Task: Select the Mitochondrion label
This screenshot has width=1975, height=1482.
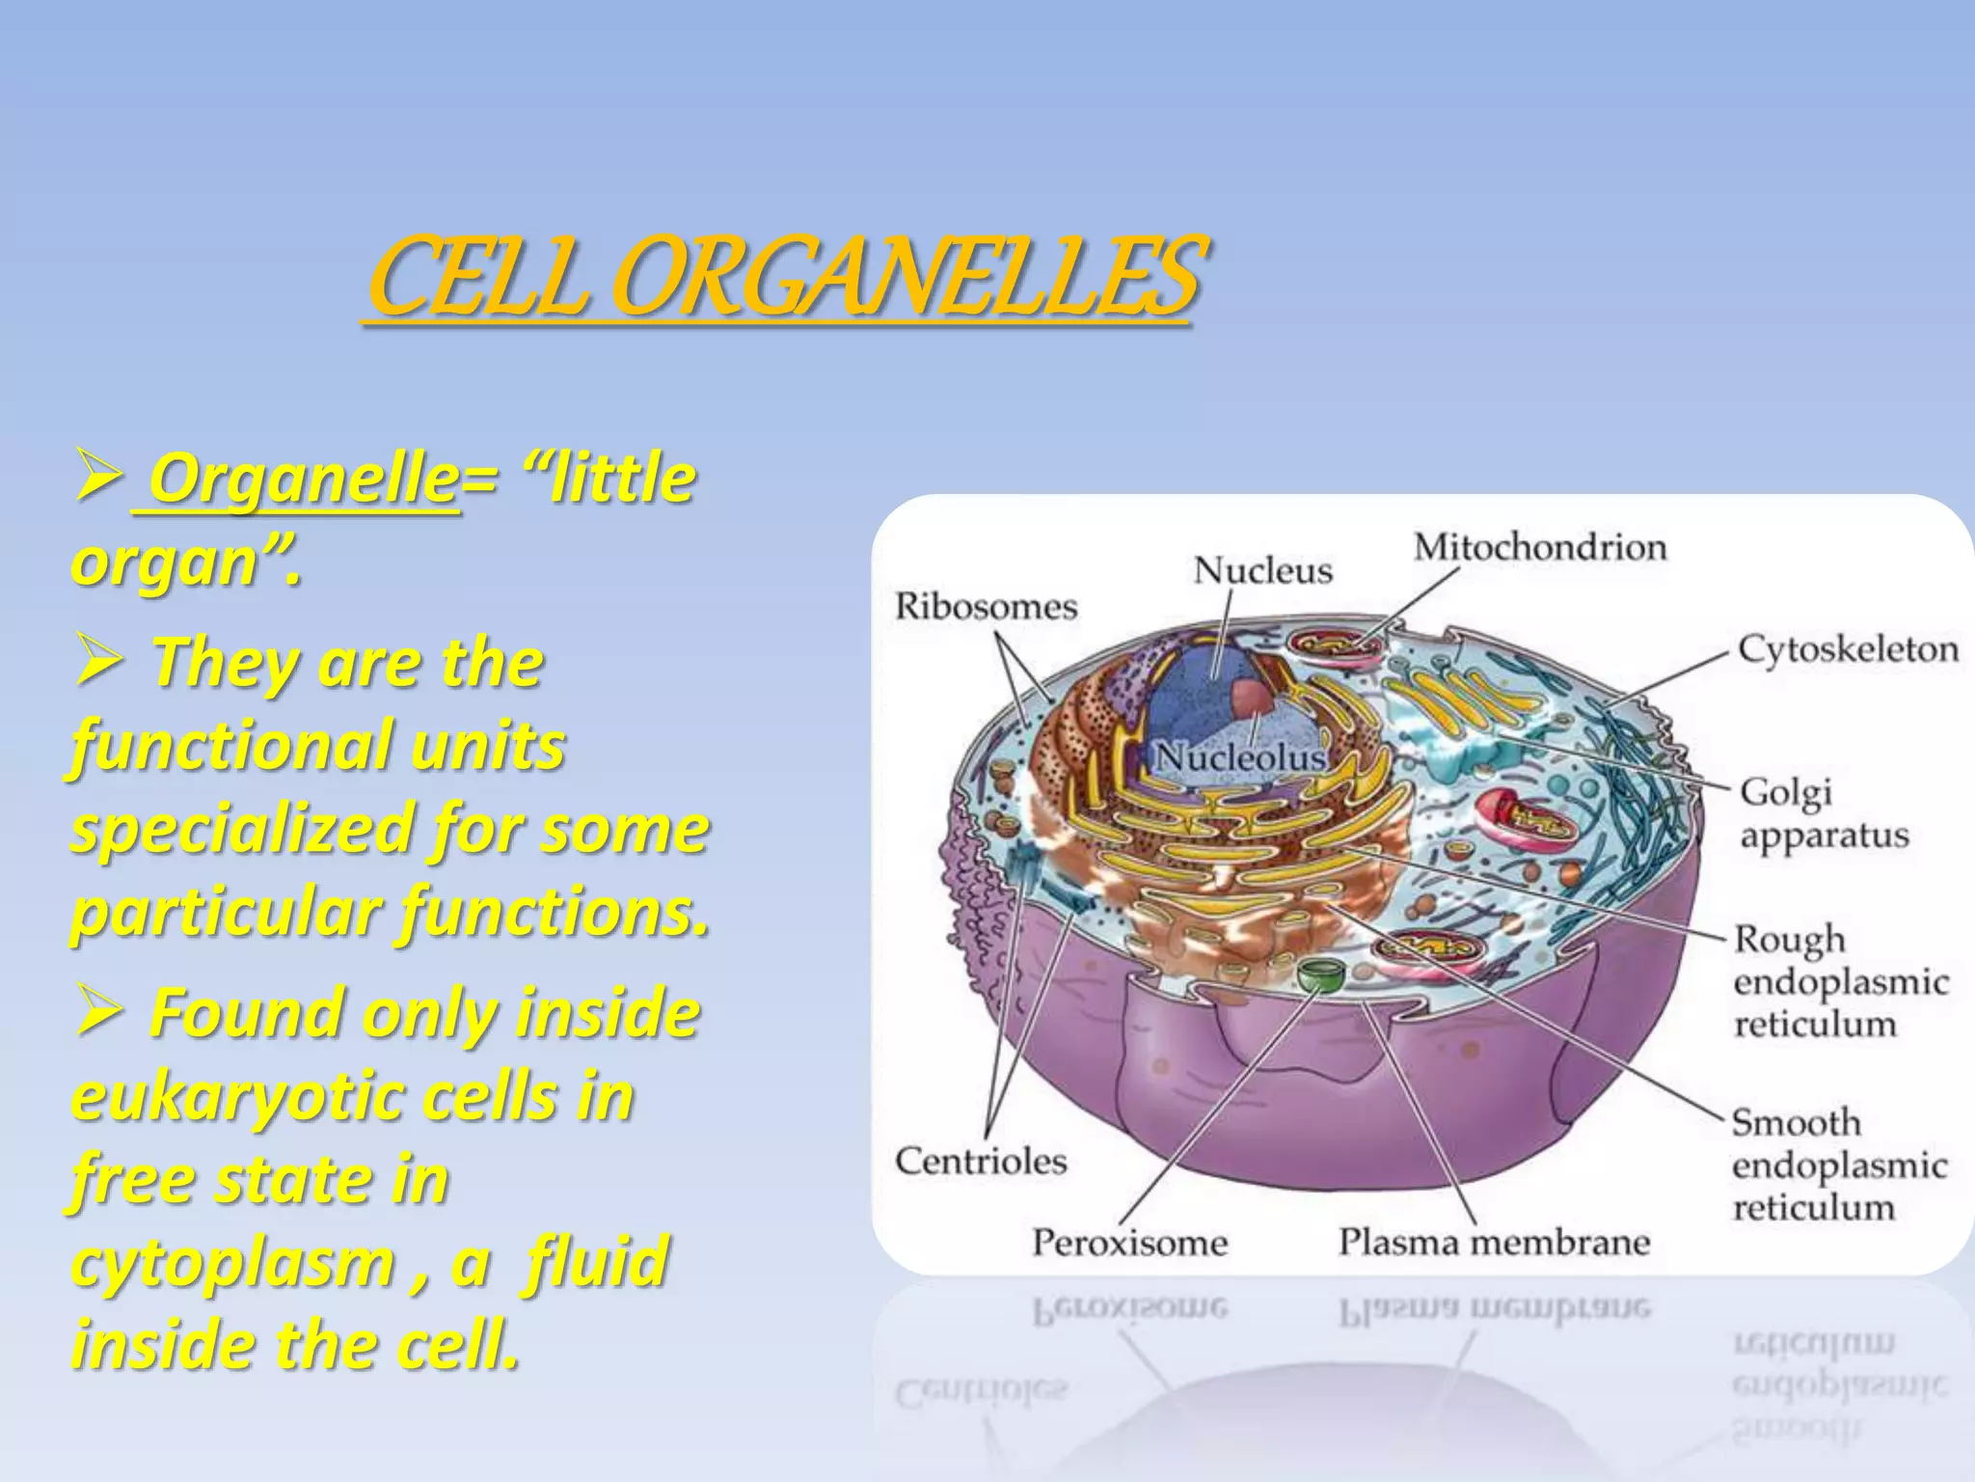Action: click(1540, 548)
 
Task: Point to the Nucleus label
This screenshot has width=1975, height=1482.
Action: click(1262, 571)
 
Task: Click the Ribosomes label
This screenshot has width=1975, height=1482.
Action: click(986, 607)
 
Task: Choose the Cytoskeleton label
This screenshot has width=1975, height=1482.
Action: click(1848, 649)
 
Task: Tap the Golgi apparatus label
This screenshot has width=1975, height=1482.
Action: click(1823, 813)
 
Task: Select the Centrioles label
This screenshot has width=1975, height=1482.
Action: click(981, 1161)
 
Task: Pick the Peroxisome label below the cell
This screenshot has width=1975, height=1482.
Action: click(1129, 1242)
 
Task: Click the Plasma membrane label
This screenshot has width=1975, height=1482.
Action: click(1494, 1242)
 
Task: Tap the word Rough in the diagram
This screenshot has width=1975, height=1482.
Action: click(1789, 940)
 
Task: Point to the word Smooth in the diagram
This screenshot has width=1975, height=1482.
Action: click(1796, 1122)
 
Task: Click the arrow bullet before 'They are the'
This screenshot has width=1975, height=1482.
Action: click(97, 663)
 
